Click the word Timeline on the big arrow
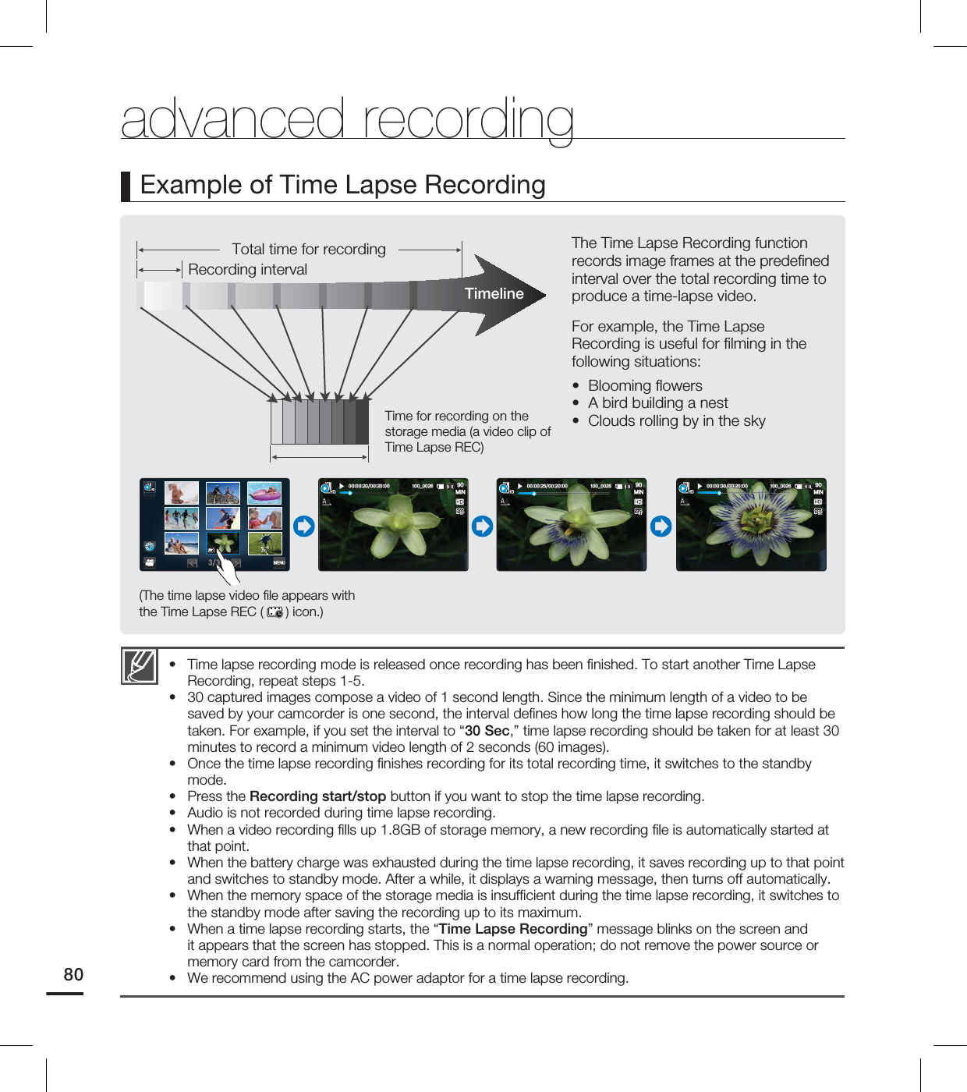[494, 294]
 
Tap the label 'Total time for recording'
[308, 250]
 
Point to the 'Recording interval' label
[247, 270]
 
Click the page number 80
[73, 974]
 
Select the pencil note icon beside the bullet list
[140, 666]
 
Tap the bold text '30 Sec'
[487, 731]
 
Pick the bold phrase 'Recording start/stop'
[317, 796]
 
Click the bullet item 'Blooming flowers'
[645, 386]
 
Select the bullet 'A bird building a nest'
[657, 403]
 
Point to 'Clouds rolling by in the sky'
[676, 421]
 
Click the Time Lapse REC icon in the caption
[275, 612]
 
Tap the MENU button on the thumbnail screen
[278, 562]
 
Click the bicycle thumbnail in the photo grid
[223, 493]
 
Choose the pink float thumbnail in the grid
[264, 493]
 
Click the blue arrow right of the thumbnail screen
[304, 526]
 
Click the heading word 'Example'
[191, 186]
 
